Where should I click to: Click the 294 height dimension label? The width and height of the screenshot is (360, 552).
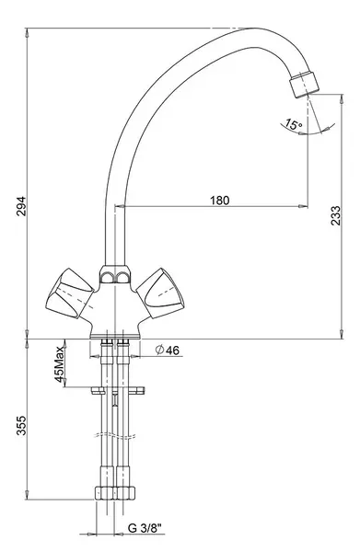point(21,206)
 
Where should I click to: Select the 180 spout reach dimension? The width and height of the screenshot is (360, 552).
point(219,201)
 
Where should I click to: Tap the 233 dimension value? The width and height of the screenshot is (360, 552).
point(335,215)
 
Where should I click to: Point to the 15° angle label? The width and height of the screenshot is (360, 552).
point(293,124)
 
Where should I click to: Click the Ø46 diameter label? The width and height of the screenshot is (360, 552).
point(168,350)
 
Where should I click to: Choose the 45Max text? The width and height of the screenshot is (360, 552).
point(59,364)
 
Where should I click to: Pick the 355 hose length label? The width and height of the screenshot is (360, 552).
point(21,425)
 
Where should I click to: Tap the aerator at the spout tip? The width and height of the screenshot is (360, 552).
point(304,84)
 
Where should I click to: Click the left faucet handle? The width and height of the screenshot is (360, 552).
point(69,293)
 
